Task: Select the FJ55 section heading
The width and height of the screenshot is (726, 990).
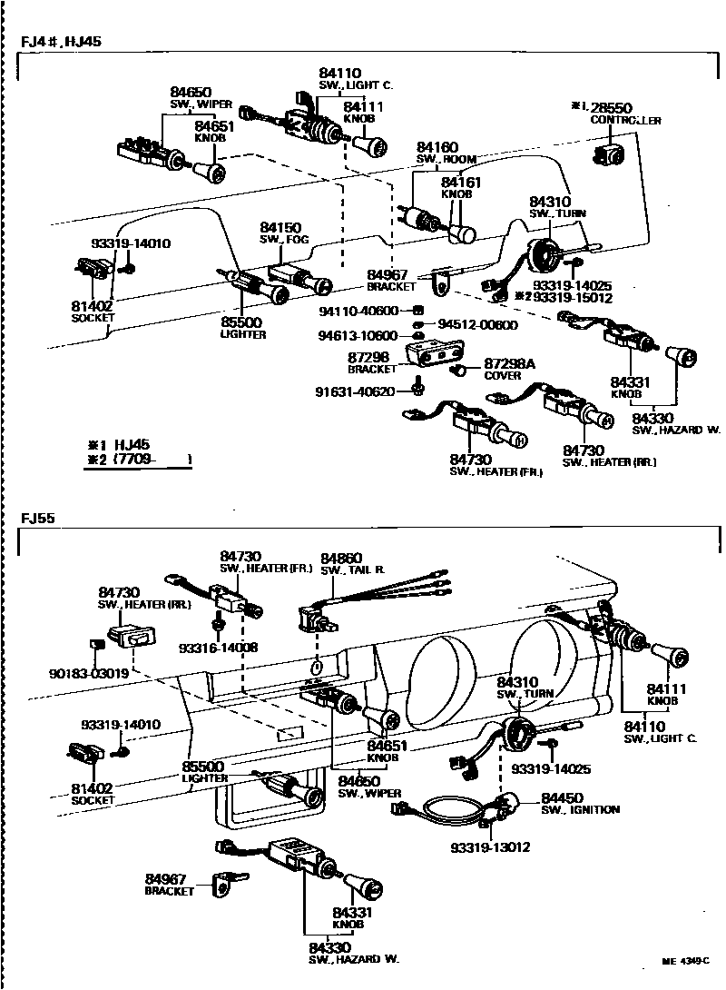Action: coord(39,520)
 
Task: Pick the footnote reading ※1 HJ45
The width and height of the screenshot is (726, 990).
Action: coord(118,444)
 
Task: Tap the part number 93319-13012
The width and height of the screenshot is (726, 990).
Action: coord(490,847)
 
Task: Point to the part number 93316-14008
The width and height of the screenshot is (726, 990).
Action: coord(217,648)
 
